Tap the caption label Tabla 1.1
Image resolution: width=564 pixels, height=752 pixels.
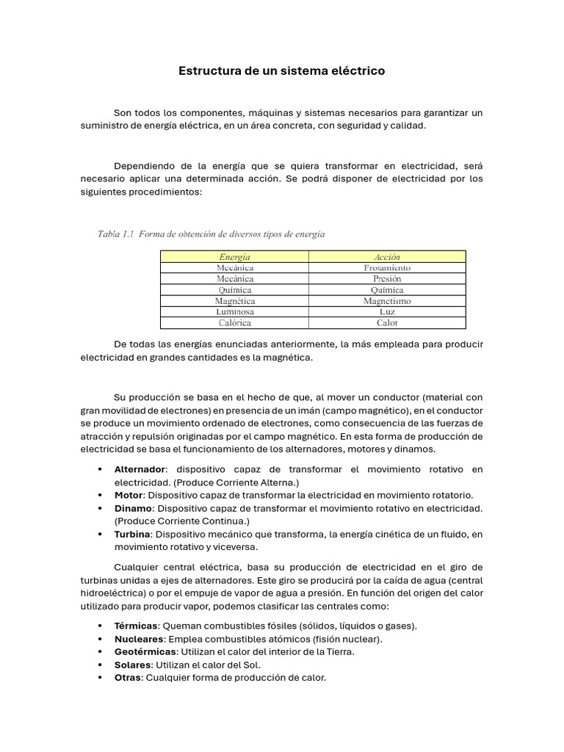point(116,234)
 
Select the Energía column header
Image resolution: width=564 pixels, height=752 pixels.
point(234,257)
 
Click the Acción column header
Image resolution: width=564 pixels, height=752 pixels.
point(387,257)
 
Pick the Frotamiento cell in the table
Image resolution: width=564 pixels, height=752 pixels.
point(387,268)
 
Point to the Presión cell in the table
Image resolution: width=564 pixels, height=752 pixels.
point(387,279)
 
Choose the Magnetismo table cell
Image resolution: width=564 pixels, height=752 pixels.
point(387,301)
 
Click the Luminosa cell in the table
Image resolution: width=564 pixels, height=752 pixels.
point(234,312)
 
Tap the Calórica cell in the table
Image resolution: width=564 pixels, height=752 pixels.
point(234,323)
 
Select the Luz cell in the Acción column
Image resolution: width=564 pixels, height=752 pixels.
point(387,312)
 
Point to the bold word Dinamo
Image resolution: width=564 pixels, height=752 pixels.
point(133,508)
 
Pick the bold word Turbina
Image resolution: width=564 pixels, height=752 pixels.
point(132,535)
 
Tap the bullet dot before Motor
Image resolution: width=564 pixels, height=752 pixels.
point(100,496)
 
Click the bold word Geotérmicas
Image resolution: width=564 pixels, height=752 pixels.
point(145,651)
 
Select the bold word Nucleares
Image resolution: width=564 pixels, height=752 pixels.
point(139,639)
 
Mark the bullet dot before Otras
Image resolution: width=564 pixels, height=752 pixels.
point(100,678)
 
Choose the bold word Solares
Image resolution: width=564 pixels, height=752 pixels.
point(132,665)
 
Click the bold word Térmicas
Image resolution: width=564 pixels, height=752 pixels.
point(136,626)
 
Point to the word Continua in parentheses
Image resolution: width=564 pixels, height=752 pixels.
point(209,521)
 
